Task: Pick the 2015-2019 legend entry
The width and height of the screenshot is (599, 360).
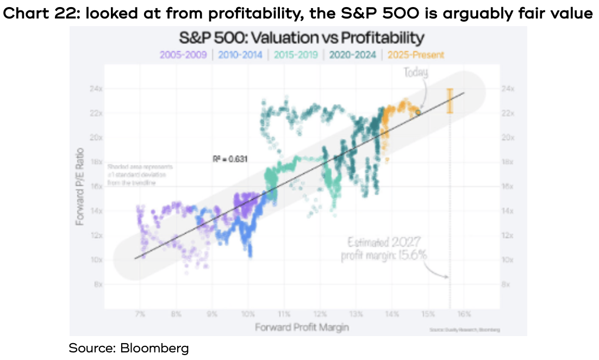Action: point(297,54)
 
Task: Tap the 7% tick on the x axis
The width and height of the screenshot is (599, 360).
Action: point(140,314)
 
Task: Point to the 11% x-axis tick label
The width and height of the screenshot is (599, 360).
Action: point(284,314)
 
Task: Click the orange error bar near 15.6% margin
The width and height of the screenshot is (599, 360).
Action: point(450,102)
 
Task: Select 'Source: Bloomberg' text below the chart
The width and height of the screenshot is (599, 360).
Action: point(128,348)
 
